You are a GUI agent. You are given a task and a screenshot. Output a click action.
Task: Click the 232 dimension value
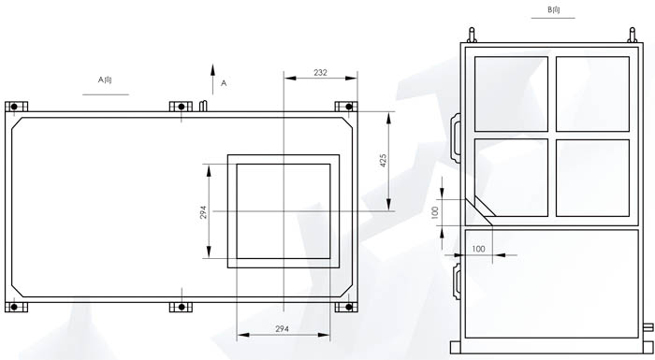coord(320,73)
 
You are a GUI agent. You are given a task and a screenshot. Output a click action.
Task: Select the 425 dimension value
coord(384,161)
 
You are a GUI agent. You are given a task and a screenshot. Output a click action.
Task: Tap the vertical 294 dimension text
coord(203,212)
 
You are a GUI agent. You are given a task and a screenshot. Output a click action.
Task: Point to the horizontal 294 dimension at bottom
coord(282,329)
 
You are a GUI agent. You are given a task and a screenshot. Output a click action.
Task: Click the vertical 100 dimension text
coord(435,212)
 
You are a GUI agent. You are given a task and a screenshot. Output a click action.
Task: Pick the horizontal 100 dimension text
coord(478,249)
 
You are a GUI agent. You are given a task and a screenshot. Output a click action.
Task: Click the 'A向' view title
coord(105,79)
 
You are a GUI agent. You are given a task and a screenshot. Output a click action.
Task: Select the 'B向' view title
coord(554,10)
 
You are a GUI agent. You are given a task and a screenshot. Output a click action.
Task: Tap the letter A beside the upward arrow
coord(224,83)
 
